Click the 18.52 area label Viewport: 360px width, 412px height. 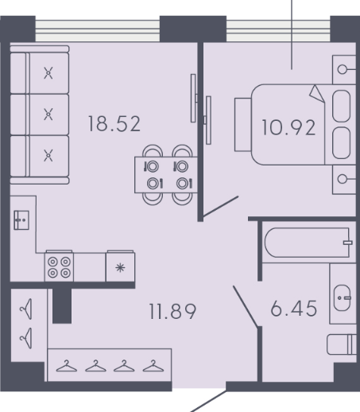click(x=114, y=124)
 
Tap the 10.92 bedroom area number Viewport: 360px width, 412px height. click(x=288, y=128)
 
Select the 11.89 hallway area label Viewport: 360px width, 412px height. click(x=172, y=311)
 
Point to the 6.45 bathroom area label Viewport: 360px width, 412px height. click(x=294, y=309)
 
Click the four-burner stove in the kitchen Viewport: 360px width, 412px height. click(x=59, y=266)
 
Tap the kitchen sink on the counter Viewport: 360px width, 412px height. click(x=21, y=220)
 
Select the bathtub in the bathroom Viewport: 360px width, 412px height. click(x=308, y=243)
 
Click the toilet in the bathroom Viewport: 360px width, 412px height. click(x=342, y=344)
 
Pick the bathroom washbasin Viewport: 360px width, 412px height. click(x=343, y=297)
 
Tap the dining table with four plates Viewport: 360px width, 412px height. click(x=166, y=175)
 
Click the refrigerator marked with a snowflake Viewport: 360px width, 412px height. click(x=120, y=266)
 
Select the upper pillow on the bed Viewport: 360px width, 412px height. click(x=341, y=106)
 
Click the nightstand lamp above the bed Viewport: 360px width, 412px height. click(x=344, y=70)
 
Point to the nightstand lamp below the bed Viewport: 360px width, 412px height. click(x=344, y=179)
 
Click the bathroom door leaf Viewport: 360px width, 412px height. click(x=246, y=306)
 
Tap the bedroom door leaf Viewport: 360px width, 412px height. click(x=220, y=207)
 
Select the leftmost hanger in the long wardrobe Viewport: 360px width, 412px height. click(x=67, y=366)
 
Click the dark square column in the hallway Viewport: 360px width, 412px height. click(x=62, y=306)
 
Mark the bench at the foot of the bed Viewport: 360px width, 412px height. click(x=243, y=125)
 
